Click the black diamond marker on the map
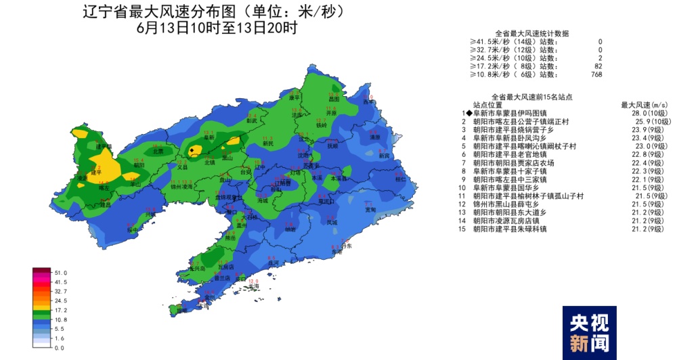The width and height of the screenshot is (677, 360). pos(193,151)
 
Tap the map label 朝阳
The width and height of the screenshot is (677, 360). pos(139,164)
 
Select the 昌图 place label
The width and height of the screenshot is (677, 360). pos(332,99)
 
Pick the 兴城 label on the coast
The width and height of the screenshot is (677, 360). pos(150,214)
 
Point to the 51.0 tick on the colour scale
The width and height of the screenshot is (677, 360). pos(60,272)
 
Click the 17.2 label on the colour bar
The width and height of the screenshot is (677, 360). pos(60,309)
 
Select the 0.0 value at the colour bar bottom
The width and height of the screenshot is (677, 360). pos(59,347)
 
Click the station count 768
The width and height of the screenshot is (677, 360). pos(596,74)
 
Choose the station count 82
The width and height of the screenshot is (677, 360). pos(598,66)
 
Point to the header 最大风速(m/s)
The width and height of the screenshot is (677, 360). pos(644,105)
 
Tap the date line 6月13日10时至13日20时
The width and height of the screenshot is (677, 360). pos(217,28)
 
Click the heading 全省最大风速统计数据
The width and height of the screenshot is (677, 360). pos(531,33)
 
